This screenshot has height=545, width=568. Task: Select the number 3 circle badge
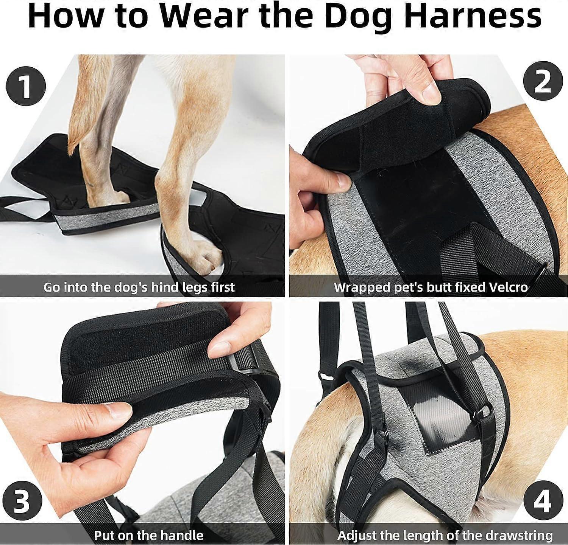pos(22,501)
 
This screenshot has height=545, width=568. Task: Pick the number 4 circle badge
pos(542,501)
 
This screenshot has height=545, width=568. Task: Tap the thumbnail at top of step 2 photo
pos(430,90)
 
